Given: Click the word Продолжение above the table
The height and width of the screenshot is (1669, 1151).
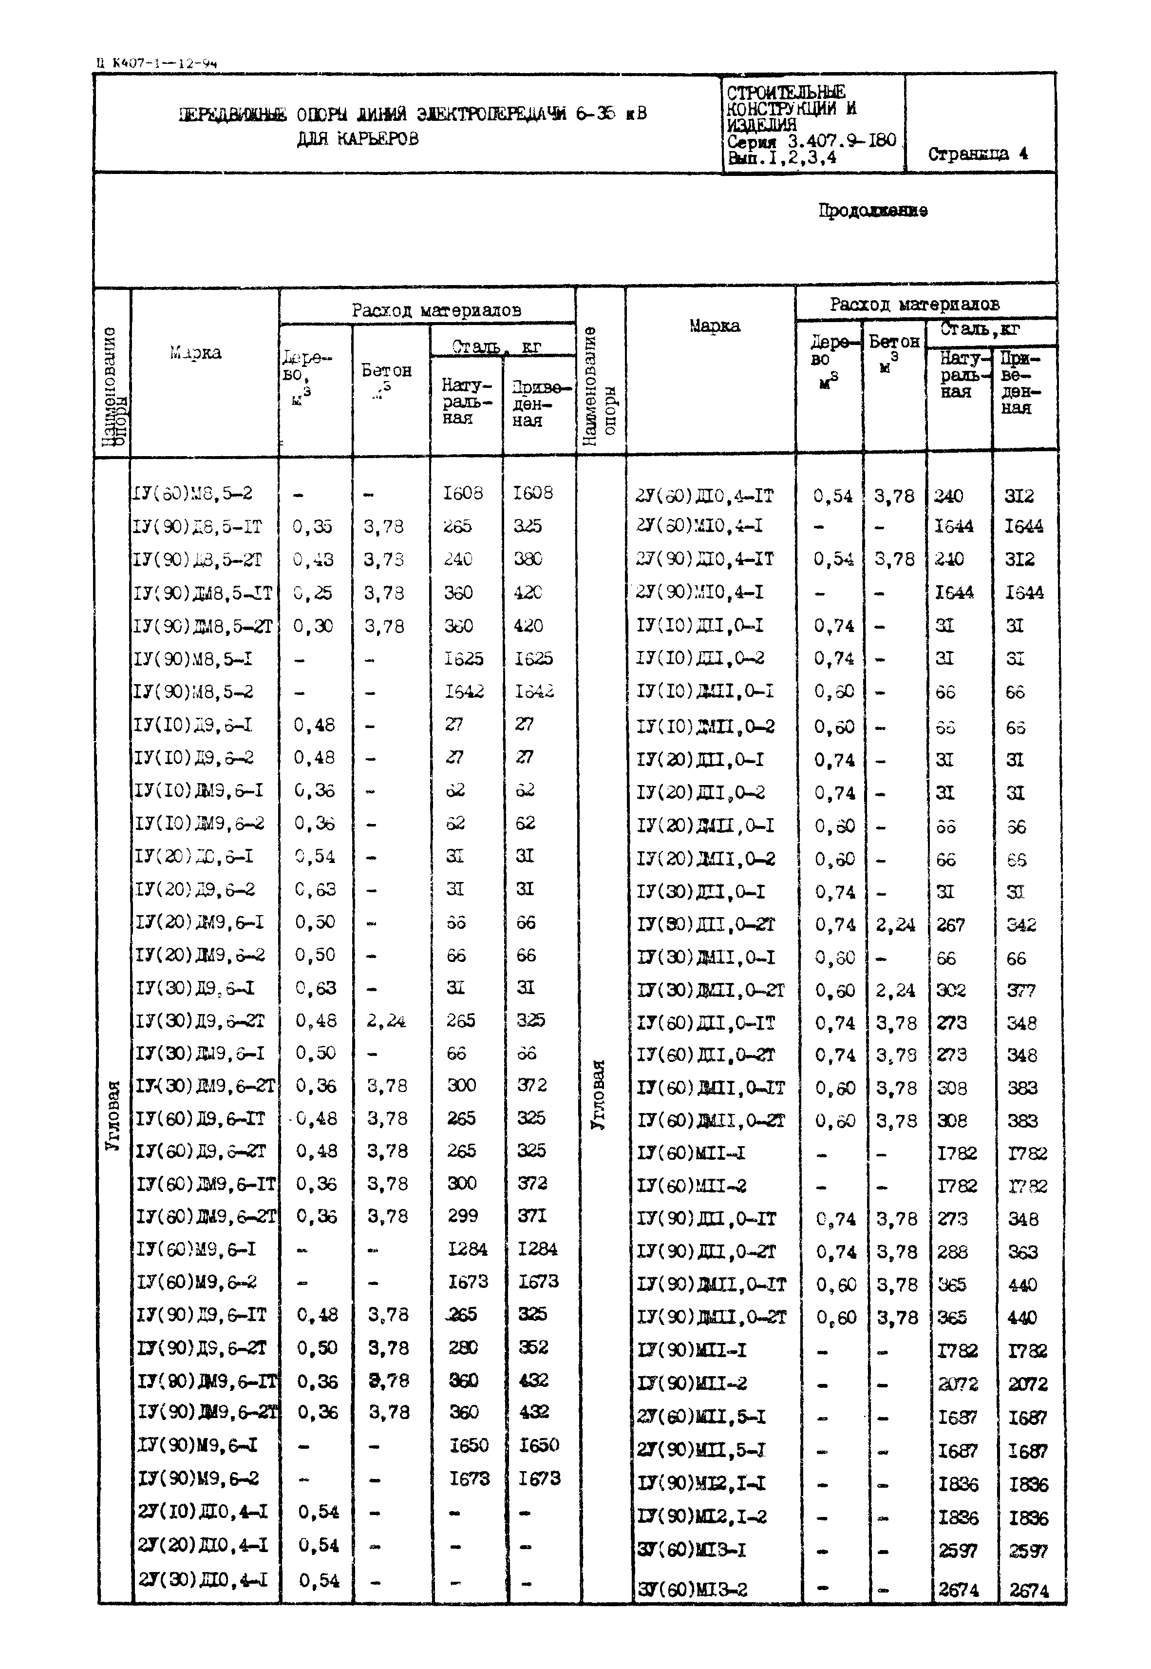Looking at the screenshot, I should click(872, 211).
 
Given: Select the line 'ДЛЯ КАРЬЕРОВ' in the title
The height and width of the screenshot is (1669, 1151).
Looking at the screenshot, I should click(357, 138).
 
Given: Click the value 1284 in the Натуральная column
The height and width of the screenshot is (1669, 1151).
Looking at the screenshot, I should click(467, 1248).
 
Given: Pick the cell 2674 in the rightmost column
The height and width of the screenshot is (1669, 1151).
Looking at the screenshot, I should click(1028, 1590).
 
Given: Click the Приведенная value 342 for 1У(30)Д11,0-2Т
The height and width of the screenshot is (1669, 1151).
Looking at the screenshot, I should click(1021, 925).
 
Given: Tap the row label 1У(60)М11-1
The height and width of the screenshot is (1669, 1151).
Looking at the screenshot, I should click(691, 1152).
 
